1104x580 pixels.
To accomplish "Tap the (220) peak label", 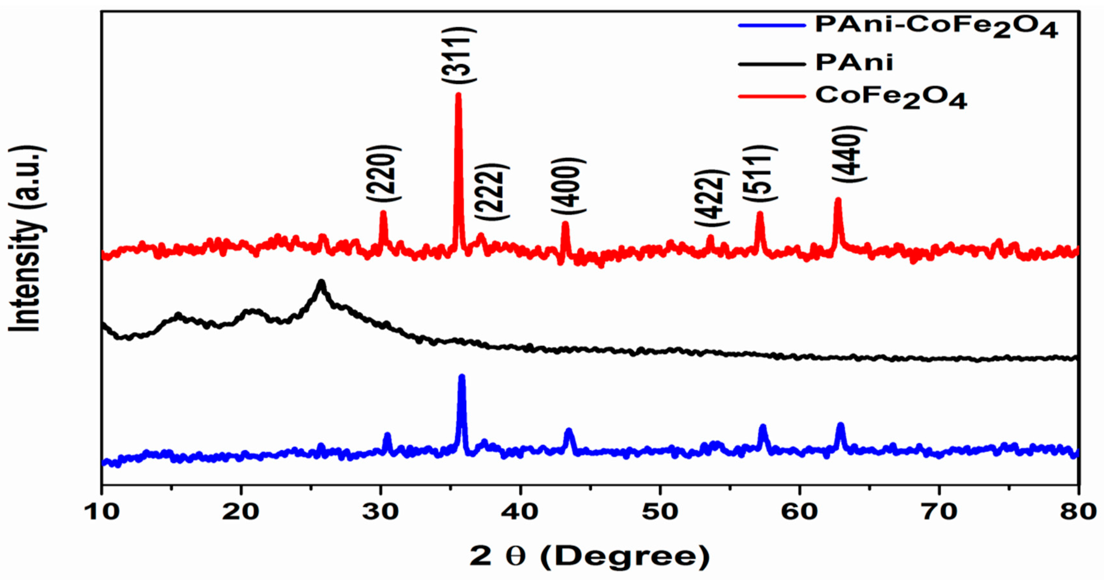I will point(384,173).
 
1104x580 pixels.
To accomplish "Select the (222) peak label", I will point(492,192).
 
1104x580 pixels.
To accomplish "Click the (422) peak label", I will point(712,198).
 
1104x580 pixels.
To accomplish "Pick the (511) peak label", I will point(760,173).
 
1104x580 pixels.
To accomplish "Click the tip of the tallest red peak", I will point(458,95).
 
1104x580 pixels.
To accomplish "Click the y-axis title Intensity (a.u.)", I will point(26,240).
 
